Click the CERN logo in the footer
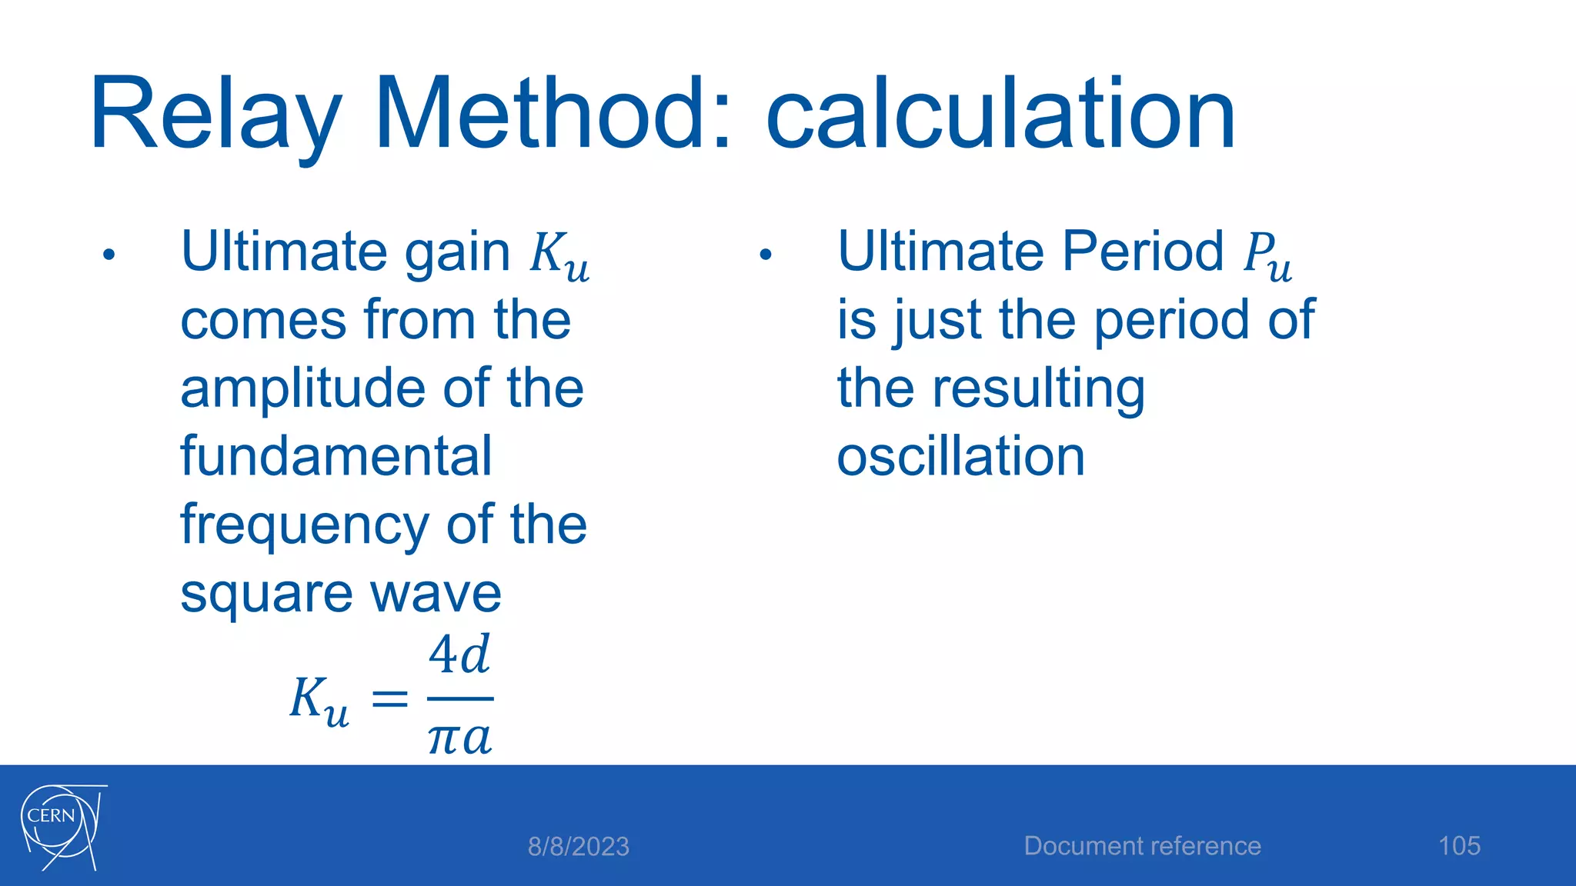[x=62, y=827]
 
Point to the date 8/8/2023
[x=579, y=847]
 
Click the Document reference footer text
[x=1142, y=846]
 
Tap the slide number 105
[x=1459, y=846]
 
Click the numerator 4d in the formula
[x=459, y=655]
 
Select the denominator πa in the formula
[x=459, y=738]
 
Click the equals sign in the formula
[x=389, y=699]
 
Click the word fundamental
[x=336, y=456]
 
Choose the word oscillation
[x=960, y=456]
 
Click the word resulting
[x=1038, y=389]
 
